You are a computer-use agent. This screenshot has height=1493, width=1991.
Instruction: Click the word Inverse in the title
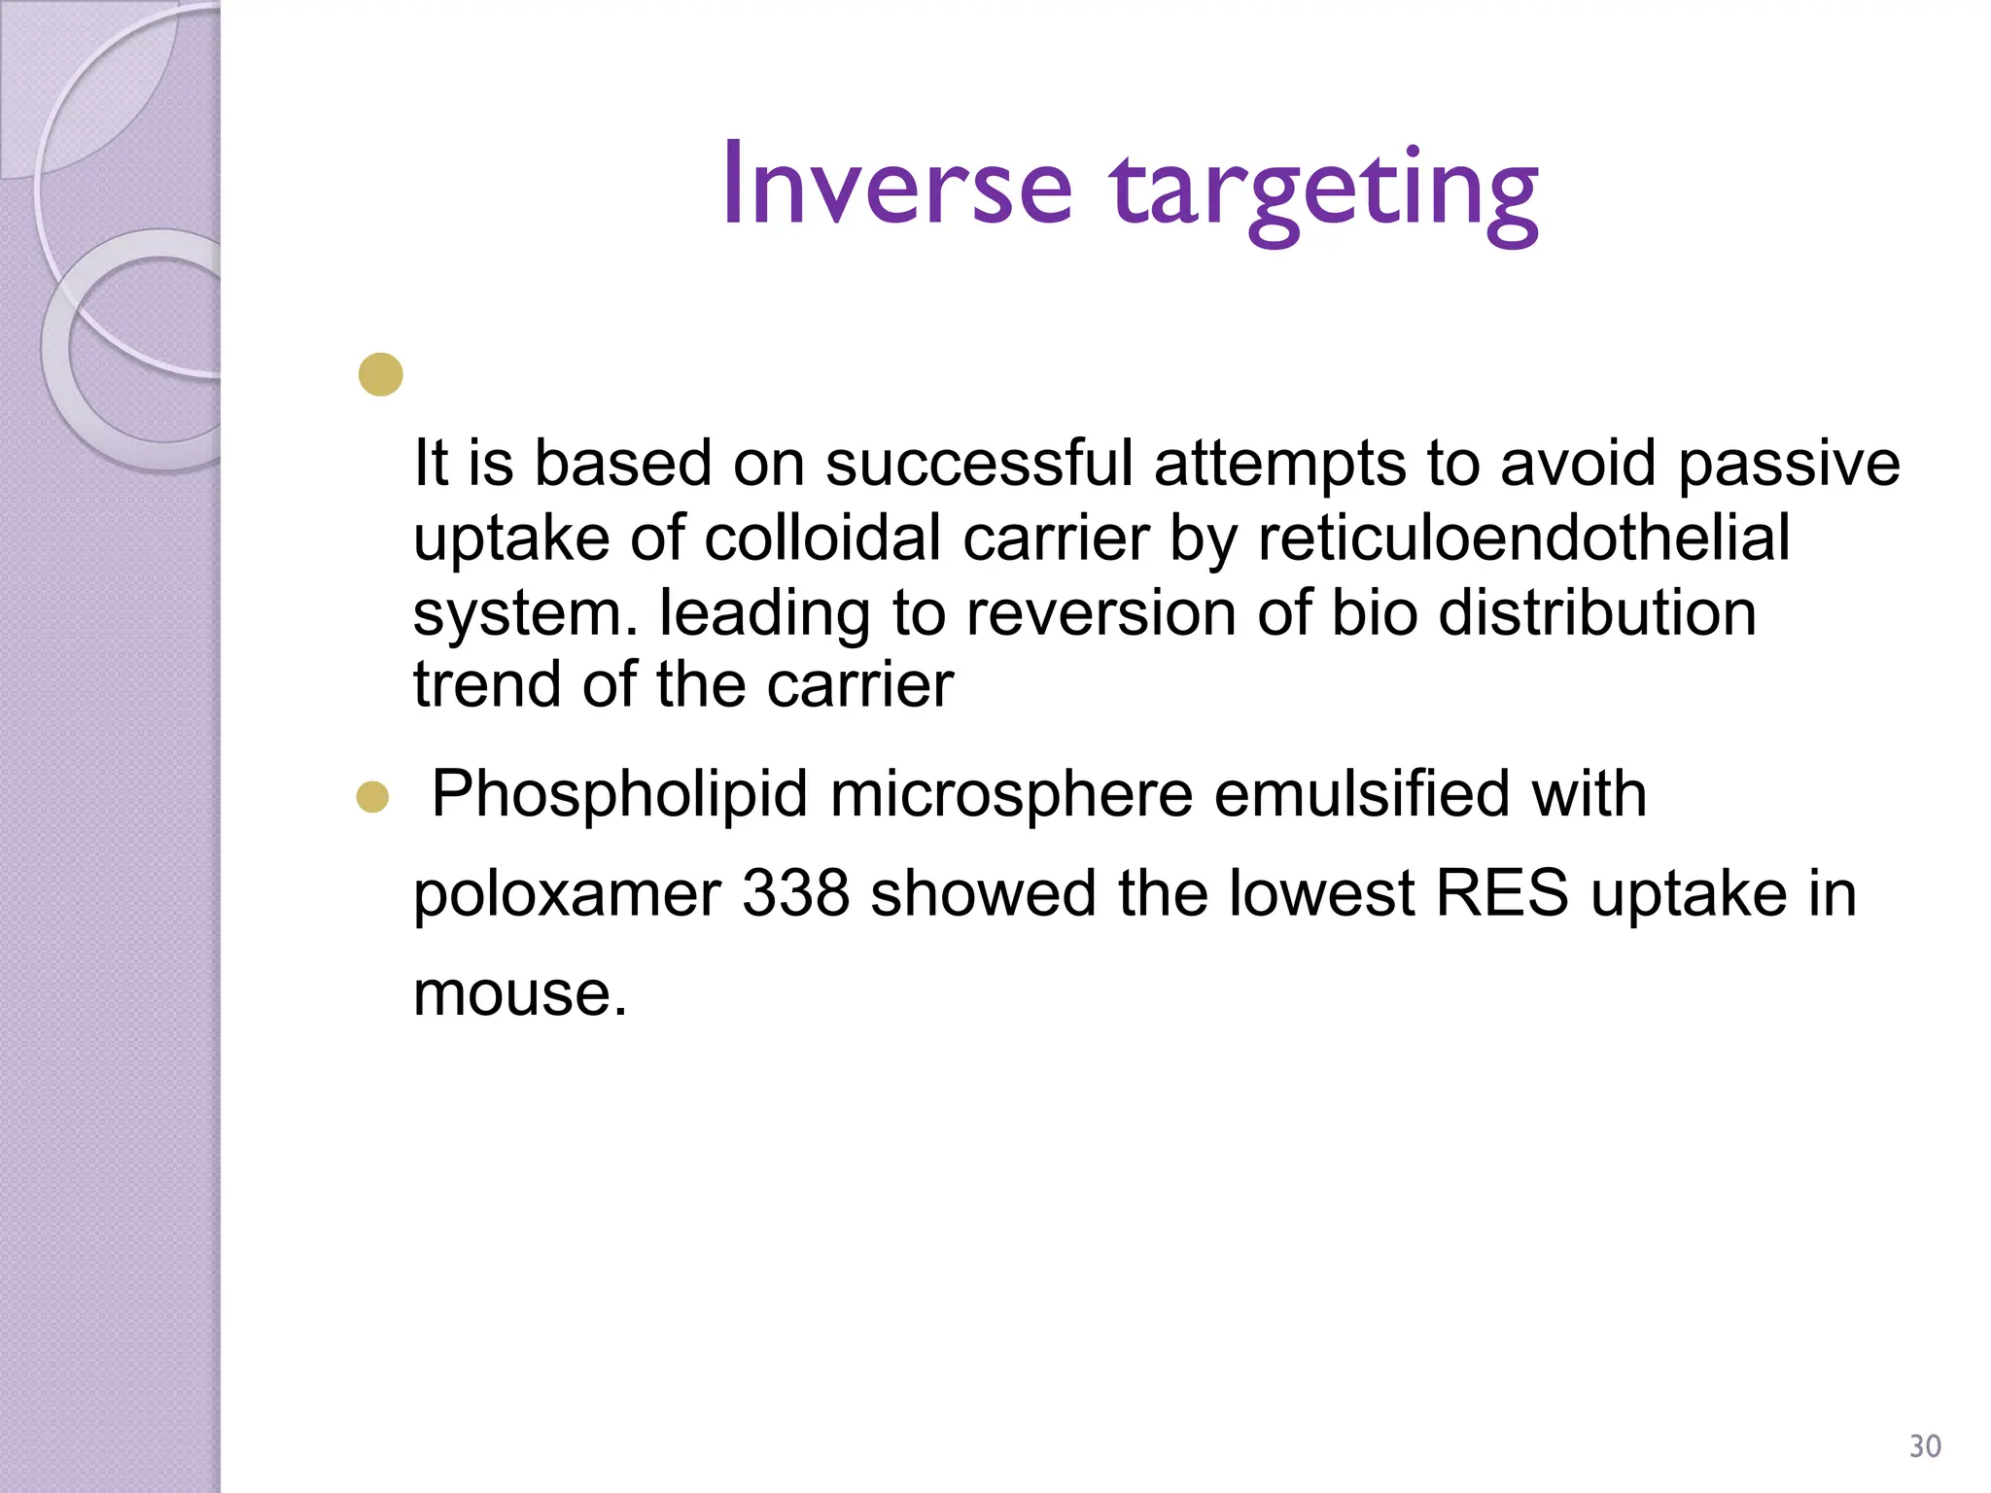pos(896,185)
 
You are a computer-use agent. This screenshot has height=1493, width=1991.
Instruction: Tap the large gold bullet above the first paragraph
pos(380,374)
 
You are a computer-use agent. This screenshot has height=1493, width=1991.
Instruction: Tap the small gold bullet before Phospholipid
pos(372,797)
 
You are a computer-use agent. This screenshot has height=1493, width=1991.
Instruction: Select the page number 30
pos(1925,1446)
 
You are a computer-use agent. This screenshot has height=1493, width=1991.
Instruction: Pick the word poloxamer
pos(567,894)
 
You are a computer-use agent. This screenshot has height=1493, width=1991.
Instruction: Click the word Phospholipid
pos(619,795)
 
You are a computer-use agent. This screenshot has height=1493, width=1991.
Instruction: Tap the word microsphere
pos(1011,795)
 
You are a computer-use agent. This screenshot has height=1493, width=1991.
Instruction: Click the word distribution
pos(1596,613)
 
